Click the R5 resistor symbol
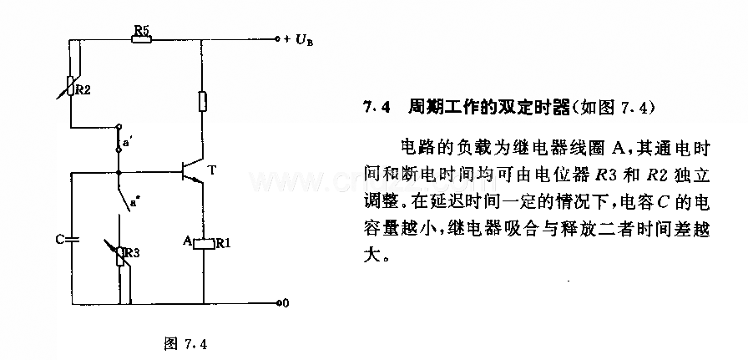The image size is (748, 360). [142, 39]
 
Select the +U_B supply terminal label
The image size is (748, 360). [299, 40]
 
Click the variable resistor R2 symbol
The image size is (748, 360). [71, 86]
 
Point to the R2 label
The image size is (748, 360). [83, 89]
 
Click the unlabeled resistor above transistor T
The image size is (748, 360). [203, 102]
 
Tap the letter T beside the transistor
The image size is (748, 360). [212, 170]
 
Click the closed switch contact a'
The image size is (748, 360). [119, 139]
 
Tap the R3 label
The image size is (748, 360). [132, 252]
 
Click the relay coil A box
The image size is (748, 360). [204, 243]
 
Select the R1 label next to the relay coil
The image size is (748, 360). [223, 243]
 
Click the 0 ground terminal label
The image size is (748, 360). [286, 303]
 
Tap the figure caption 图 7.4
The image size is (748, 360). [186, 343]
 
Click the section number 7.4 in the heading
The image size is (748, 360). [376, 109]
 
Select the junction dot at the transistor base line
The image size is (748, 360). [119, 172]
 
